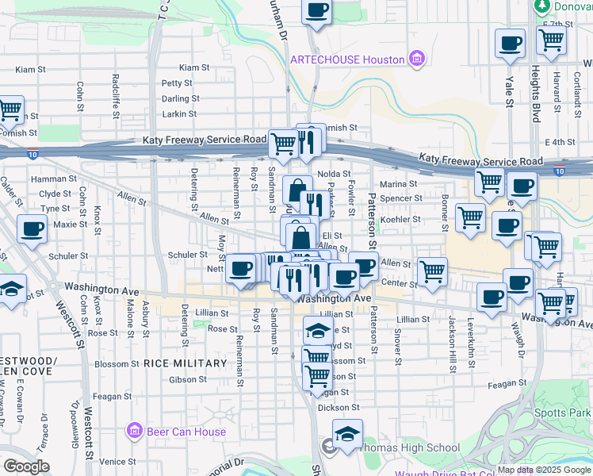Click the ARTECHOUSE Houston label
tap(347, 59)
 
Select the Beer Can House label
tap(186, 432)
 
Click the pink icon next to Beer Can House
tap(134, 432)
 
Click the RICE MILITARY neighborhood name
tap(186, 363)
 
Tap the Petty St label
tap(177, 83)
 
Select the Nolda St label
tap(334, 174)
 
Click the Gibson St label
tap(188, 379)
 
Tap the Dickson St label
tap(339, 408)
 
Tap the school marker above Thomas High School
tap(346, 433)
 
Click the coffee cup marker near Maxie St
tap(32, 228)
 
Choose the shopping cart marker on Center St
tap(432, 271)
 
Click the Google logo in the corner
tap(26, 466)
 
